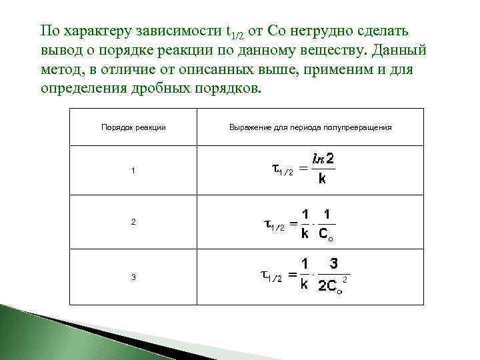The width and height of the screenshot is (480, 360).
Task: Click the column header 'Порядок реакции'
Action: (x=133, y=127)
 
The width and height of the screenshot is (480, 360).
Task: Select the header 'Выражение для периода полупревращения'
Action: (x=310, y=127)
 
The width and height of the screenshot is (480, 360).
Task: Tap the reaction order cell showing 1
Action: (x=133, y=171)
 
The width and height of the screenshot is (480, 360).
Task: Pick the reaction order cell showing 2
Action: (x=133, y=222)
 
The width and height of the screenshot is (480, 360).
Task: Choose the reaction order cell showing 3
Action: (x=133, y=277)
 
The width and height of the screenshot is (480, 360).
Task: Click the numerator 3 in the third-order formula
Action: (x=333, y=264)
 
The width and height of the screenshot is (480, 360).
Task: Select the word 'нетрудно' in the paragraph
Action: (x=311, y=31)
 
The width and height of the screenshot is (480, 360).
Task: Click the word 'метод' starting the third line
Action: (x=61, y=70)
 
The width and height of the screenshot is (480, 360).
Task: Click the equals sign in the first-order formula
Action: (x=304, y=169)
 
